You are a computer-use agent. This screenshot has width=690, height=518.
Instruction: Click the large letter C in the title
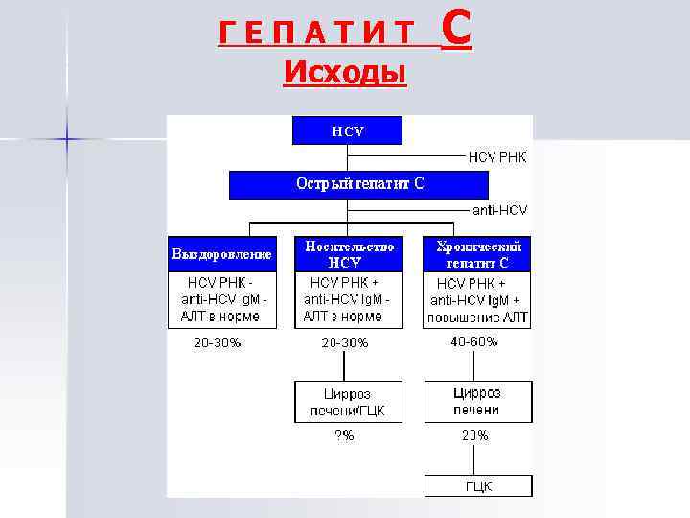[457, 31]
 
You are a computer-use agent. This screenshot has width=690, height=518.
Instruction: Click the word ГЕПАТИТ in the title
[316, 36]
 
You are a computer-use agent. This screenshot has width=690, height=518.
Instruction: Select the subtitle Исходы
[345, 72]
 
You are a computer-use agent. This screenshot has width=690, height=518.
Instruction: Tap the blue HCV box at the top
[347, 130]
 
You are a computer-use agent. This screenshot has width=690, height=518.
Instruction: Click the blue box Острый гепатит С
[358, 184]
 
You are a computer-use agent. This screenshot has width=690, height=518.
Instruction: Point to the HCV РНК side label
[497, 156]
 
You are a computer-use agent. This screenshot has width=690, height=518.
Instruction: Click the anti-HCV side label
[499, 209]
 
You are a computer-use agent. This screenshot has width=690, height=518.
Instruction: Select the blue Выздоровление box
[221, 254]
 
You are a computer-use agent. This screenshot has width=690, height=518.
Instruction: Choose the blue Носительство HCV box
[348, 253]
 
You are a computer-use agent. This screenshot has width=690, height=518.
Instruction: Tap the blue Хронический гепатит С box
[477, 253]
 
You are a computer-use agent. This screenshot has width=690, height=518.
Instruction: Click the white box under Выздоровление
[221, 299]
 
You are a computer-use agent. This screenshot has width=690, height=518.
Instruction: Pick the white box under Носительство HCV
[348, 299]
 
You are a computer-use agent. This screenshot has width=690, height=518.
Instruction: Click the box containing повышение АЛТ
[477, 300]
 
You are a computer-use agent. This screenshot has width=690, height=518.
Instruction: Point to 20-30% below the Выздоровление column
[218, 342]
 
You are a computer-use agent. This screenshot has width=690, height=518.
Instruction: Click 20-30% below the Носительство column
[344, 343]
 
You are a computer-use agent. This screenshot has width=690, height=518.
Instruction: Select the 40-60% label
[474, 341]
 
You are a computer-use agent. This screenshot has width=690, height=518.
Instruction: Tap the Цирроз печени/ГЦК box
[347, 402]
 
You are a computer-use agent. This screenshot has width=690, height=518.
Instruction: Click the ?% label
[344, 436]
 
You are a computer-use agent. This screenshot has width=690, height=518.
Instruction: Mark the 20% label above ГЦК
[475, 436]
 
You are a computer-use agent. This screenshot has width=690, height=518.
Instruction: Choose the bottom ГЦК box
[476, 486]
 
